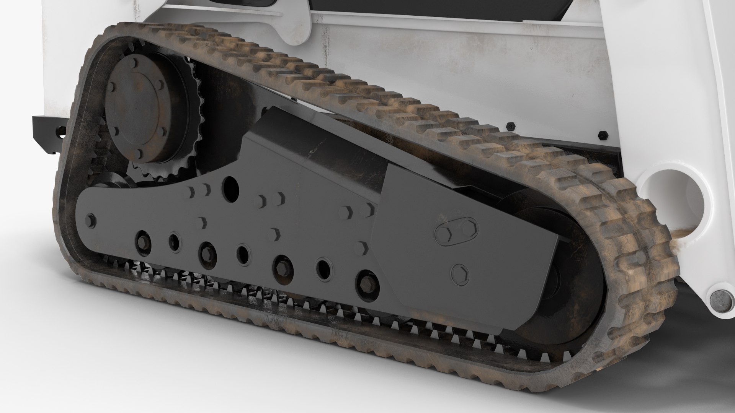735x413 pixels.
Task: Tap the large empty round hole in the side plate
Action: [x=230, y=187]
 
